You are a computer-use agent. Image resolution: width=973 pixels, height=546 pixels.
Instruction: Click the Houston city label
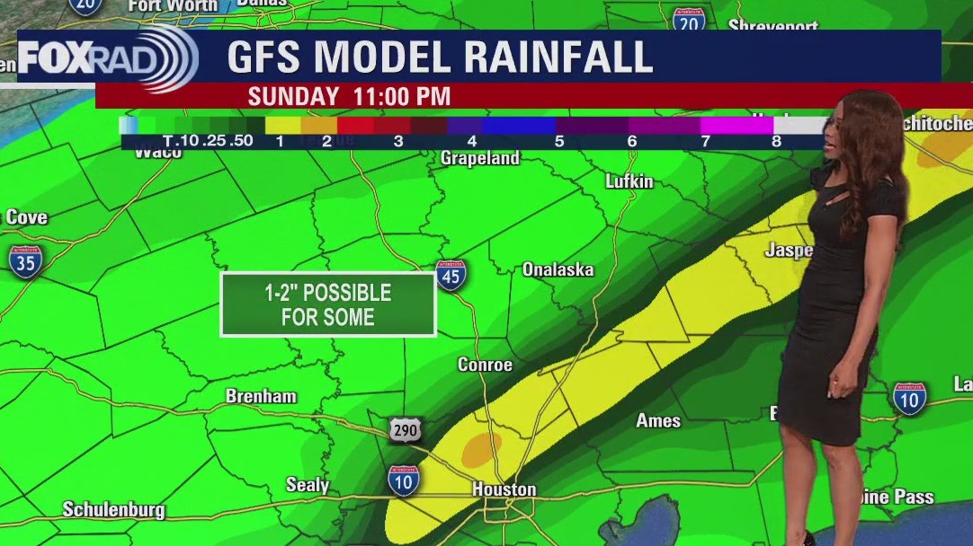[x=504, y=489]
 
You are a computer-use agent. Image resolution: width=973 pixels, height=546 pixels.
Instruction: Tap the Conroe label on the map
[x=485, y=365]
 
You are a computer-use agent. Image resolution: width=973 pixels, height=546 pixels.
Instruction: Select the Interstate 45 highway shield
[x=451, y=276]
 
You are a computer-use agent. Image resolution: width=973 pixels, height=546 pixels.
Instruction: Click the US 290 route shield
[x=406, y=430]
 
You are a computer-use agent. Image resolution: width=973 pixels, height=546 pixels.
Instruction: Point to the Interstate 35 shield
[x=25, y=260]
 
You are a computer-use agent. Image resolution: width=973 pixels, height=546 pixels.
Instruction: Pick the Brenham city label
[x=261, y=396]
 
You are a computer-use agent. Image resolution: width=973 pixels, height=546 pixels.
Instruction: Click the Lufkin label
[x=629, y=181]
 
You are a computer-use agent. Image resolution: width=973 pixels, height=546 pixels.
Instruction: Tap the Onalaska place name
[x=558, y=269]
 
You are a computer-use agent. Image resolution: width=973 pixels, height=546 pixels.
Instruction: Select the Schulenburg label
[x=113, y=510]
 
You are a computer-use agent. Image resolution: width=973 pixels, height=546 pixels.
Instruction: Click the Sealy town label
[x=308, y=485]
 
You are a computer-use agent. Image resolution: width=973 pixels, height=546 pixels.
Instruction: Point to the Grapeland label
[x=480, y=158]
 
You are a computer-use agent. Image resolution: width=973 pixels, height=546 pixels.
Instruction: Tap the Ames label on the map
[x=658, y=420]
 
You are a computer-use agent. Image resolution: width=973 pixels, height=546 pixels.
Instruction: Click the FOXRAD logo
[x=106, y=58]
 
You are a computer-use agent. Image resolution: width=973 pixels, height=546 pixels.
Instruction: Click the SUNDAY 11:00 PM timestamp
[x=349, y=96]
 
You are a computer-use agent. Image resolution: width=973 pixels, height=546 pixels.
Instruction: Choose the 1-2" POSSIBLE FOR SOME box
[x=328, y=304]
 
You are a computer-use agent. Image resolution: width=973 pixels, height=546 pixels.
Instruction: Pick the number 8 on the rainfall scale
[x=776, y=141]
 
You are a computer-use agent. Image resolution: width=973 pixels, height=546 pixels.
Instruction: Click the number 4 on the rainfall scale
[x=472, y=141]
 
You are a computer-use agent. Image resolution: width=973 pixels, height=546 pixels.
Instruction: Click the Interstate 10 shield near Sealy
[x=404, y=481]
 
